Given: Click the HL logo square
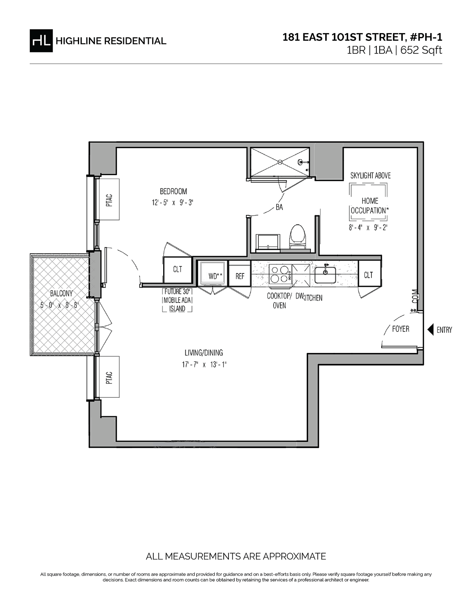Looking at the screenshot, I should coord(41,41).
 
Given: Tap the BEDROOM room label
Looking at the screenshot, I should coord(173,192).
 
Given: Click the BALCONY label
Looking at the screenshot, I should coord(61,294).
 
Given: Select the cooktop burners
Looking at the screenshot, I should coord(279,274).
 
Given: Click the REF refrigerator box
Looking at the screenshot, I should coord(240,276).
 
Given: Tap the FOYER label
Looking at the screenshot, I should coord(400,329).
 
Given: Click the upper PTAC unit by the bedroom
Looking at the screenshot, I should coord(109,199).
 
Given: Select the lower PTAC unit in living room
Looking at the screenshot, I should coord(109,377).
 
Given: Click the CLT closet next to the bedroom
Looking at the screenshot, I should coord(177,270).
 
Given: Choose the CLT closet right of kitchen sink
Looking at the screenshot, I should coord(369,275).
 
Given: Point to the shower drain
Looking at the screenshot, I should coord(280,161).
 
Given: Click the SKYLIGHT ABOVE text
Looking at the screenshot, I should coord(371,175).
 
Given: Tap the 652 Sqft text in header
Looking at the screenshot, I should coord(421,50).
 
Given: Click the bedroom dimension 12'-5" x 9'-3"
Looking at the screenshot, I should coord(176,203).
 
